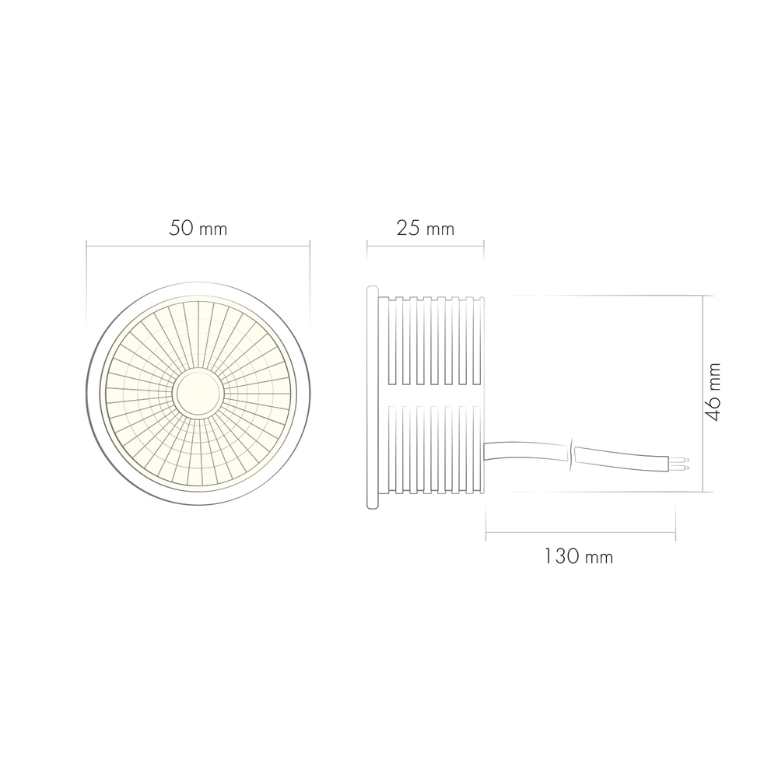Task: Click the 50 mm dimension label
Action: click(x=198, y=229)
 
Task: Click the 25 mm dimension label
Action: click(x=425, y=229)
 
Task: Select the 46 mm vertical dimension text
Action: click(x=713, y=391)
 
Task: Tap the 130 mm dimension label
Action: click(x=578, y=557)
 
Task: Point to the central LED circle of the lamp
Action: click(x=198, y=393)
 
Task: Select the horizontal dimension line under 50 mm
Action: click(x=198, y=247)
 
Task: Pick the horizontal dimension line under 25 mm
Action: click(x=426, y=247)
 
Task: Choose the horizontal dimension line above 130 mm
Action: click(x=580, y=534)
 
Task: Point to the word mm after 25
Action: click(x=440, y=230)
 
